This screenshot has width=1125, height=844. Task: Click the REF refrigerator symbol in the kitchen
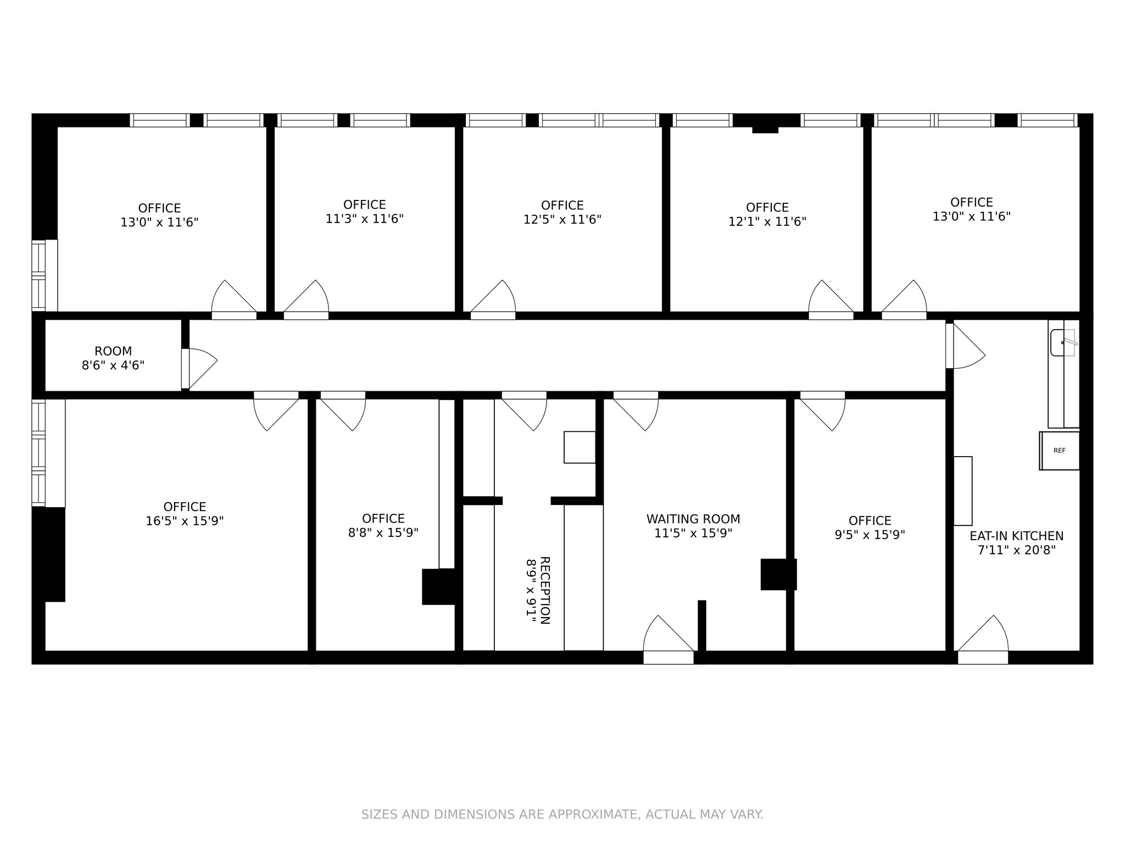click(x=1059, y=451)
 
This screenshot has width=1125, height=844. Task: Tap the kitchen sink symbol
click(x=1063, y=343)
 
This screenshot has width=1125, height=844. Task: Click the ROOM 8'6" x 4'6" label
click(x=113, y=358)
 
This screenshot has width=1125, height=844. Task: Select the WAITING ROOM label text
click(x=693, y=519)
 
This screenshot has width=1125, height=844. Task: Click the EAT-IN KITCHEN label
click(x=1016, y=536)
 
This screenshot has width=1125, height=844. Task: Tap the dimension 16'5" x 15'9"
click(x=185, y=521)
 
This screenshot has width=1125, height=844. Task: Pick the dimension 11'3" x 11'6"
click(x=365, y=219)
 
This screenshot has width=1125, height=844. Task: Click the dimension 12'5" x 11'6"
click(x=562, y=219)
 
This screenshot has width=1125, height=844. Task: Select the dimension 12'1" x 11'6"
click(x=767, y=221)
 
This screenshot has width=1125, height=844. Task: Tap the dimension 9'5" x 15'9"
click(x=870, y=535)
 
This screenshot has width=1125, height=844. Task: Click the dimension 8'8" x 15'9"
click(x=383, y=533)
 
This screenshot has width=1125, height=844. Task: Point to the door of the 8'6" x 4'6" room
click(x=199, y=368)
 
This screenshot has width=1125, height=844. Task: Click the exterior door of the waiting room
click(x=669, y=640)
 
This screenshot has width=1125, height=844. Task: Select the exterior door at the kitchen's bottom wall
click(x=983, y=640)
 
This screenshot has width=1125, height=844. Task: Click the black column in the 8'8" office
click(x=439, y=587)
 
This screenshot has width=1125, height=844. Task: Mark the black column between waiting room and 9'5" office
click(x=778, y=574)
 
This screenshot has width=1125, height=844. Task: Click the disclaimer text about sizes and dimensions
click(x=562, y=814)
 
